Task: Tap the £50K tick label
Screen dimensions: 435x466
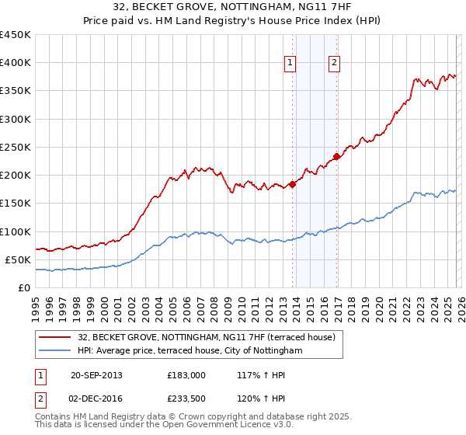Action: [x=18, y=259]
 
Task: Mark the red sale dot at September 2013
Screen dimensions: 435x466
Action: [x=293, y=184]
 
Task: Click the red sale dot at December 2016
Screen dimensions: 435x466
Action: [x=337, y=156]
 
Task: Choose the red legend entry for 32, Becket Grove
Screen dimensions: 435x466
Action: [x=206, y=337]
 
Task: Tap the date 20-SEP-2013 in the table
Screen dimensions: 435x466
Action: [x=96, y=375]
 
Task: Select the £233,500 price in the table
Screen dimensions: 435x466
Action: [x=186, y=398]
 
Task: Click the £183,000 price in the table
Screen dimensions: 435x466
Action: [x=186, y=375]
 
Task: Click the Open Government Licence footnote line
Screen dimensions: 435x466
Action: [x=164, y=426]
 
